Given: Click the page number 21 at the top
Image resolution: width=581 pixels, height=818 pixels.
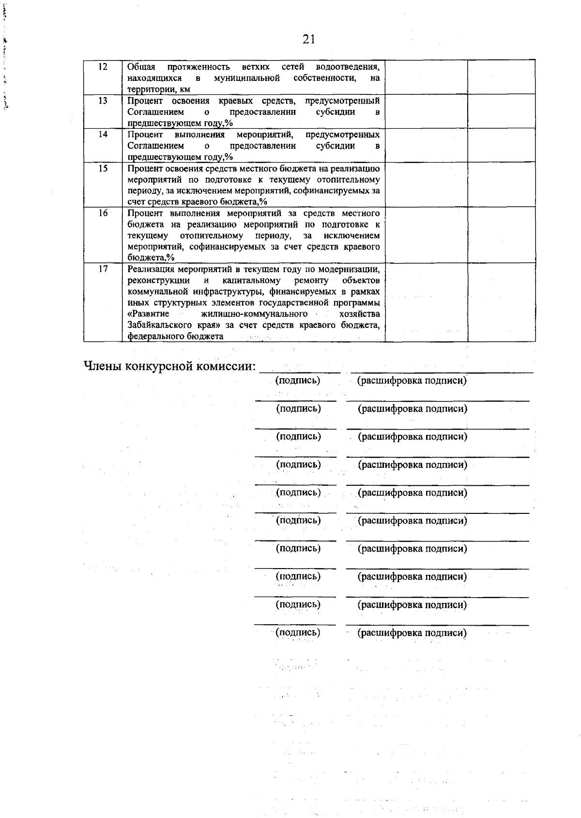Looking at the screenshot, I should click(x=309, y=39).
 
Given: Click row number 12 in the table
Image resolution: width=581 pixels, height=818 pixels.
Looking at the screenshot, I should click(x=103, y=67).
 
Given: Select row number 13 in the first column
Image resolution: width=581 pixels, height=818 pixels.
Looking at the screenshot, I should click(x=103, y=101).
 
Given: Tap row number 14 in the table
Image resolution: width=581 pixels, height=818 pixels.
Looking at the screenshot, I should click(x=103, y=135).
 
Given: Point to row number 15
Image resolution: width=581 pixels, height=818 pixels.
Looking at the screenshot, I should click(x=103, y=169).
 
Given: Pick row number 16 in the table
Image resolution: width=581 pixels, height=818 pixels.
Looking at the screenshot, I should click(x=103, y=214).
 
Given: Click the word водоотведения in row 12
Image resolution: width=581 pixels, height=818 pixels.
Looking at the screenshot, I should click(x=347, y=67).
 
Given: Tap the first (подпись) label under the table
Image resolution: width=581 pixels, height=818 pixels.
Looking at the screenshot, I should click(x=298, y=381).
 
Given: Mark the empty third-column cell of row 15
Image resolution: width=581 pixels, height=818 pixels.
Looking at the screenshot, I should click(x=426, y=185).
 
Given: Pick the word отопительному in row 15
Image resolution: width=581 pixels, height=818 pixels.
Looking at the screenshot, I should click(x=347, y=180).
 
